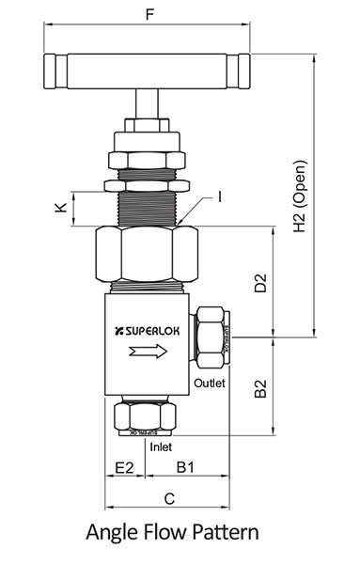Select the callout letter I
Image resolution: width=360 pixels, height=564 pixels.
point(219,196)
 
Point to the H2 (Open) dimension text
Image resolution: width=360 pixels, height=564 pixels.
point(300,213)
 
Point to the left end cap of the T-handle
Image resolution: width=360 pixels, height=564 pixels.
point(52,71)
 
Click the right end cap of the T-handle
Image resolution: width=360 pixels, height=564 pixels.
point(243,71)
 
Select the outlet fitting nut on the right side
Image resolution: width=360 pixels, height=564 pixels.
point(209,337)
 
